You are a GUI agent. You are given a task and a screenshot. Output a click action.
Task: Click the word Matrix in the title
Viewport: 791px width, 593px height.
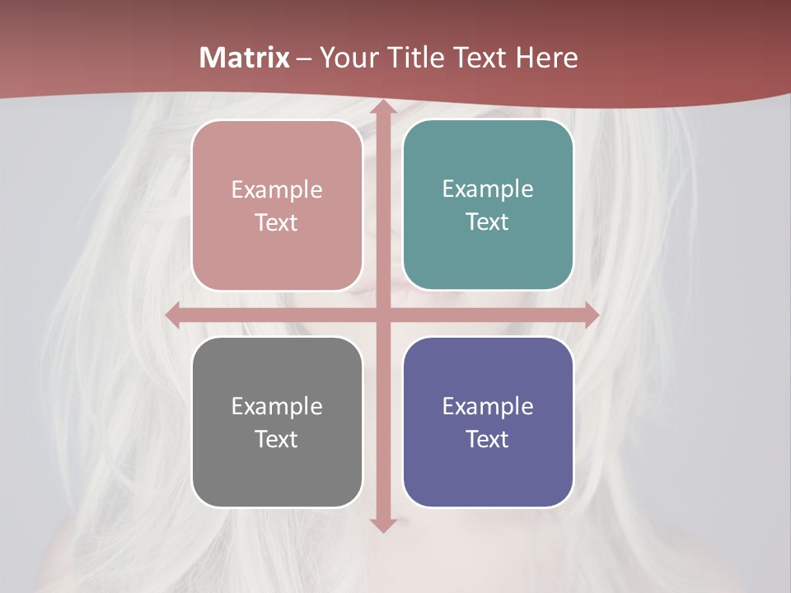tap(245, 58)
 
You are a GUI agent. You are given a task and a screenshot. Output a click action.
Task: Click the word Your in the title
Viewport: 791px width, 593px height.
tap(345, 58)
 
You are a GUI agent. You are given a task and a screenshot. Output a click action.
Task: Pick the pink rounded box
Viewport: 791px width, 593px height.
tap(277, 205)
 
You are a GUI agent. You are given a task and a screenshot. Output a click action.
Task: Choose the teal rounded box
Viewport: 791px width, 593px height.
tap(488, 205)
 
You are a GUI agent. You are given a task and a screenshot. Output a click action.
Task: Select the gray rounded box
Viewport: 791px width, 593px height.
tap(277, 422)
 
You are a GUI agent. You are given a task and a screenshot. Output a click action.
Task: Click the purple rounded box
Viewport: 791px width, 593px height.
tap(488, 422)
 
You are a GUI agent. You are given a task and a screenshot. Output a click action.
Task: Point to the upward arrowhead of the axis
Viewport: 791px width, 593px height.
tap(382, 110)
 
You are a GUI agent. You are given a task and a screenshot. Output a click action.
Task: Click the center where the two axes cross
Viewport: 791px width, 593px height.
tap(382, 315)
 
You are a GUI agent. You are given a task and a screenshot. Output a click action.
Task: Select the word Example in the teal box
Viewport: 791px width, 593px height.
tap(488, 189)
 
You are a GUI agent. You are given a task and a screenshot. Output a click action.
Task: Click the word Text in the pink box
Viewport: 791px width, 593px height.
tap(277, 222)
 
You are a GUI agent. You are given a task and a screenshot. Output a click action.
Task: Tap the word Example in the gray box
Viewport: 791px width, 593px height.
tap(277, 406)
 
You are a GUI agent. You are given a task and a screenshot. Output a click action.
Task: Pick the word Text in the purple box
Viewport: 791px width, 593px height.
tap(488, 439)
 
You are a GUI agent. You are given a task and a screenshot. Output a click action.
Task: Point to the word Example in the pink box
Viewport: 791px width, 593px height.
tap(277, 189)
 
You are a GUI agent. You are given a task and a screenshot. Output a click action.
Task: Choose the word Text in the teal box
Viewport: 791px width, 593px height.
tap(488, 222)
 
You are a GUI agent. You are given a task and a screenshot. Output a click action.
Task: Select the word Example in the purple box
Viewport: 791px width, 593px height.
tap(488, 406)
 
